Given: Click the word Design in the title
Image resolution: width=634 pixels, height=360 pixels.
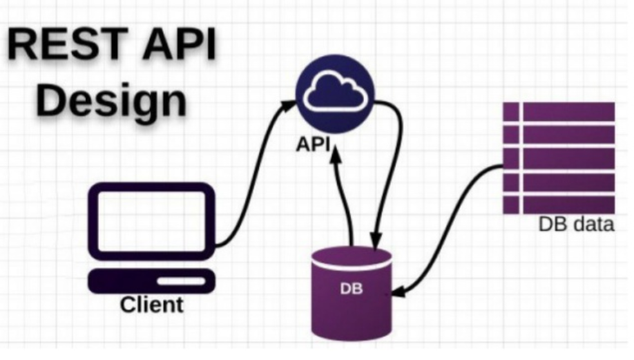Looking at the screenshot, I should pos(111,101).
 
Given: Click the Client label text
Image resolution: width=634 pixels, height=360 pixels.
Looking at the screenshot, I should pos(152,304).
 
